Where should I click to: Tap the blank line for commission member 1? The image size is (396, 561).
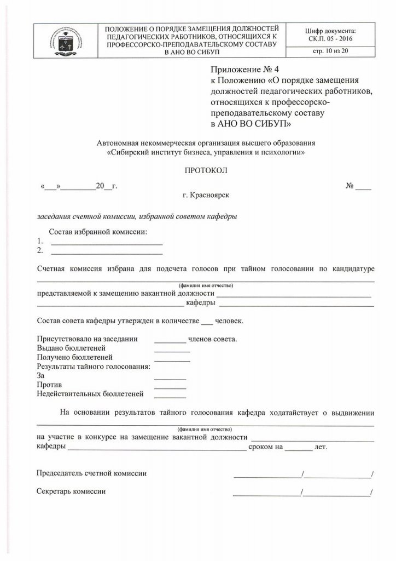(x=107, y=242)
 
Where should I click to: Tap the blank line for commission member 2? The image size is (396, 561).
(x=107, y=253)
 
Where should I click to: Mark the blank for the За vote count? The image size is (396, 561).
(x=170, y=378)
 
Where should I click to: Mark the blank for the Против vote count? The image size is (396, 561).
(x=170, y=387)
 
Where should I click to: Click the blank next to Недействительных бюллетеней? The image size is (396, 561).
(x=170, y=396)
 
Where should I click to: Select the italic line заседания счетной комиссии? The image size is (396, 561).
(x=137, y=216)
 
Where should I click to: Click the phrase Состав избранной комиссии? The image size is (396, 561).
(x=98, y=232)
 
